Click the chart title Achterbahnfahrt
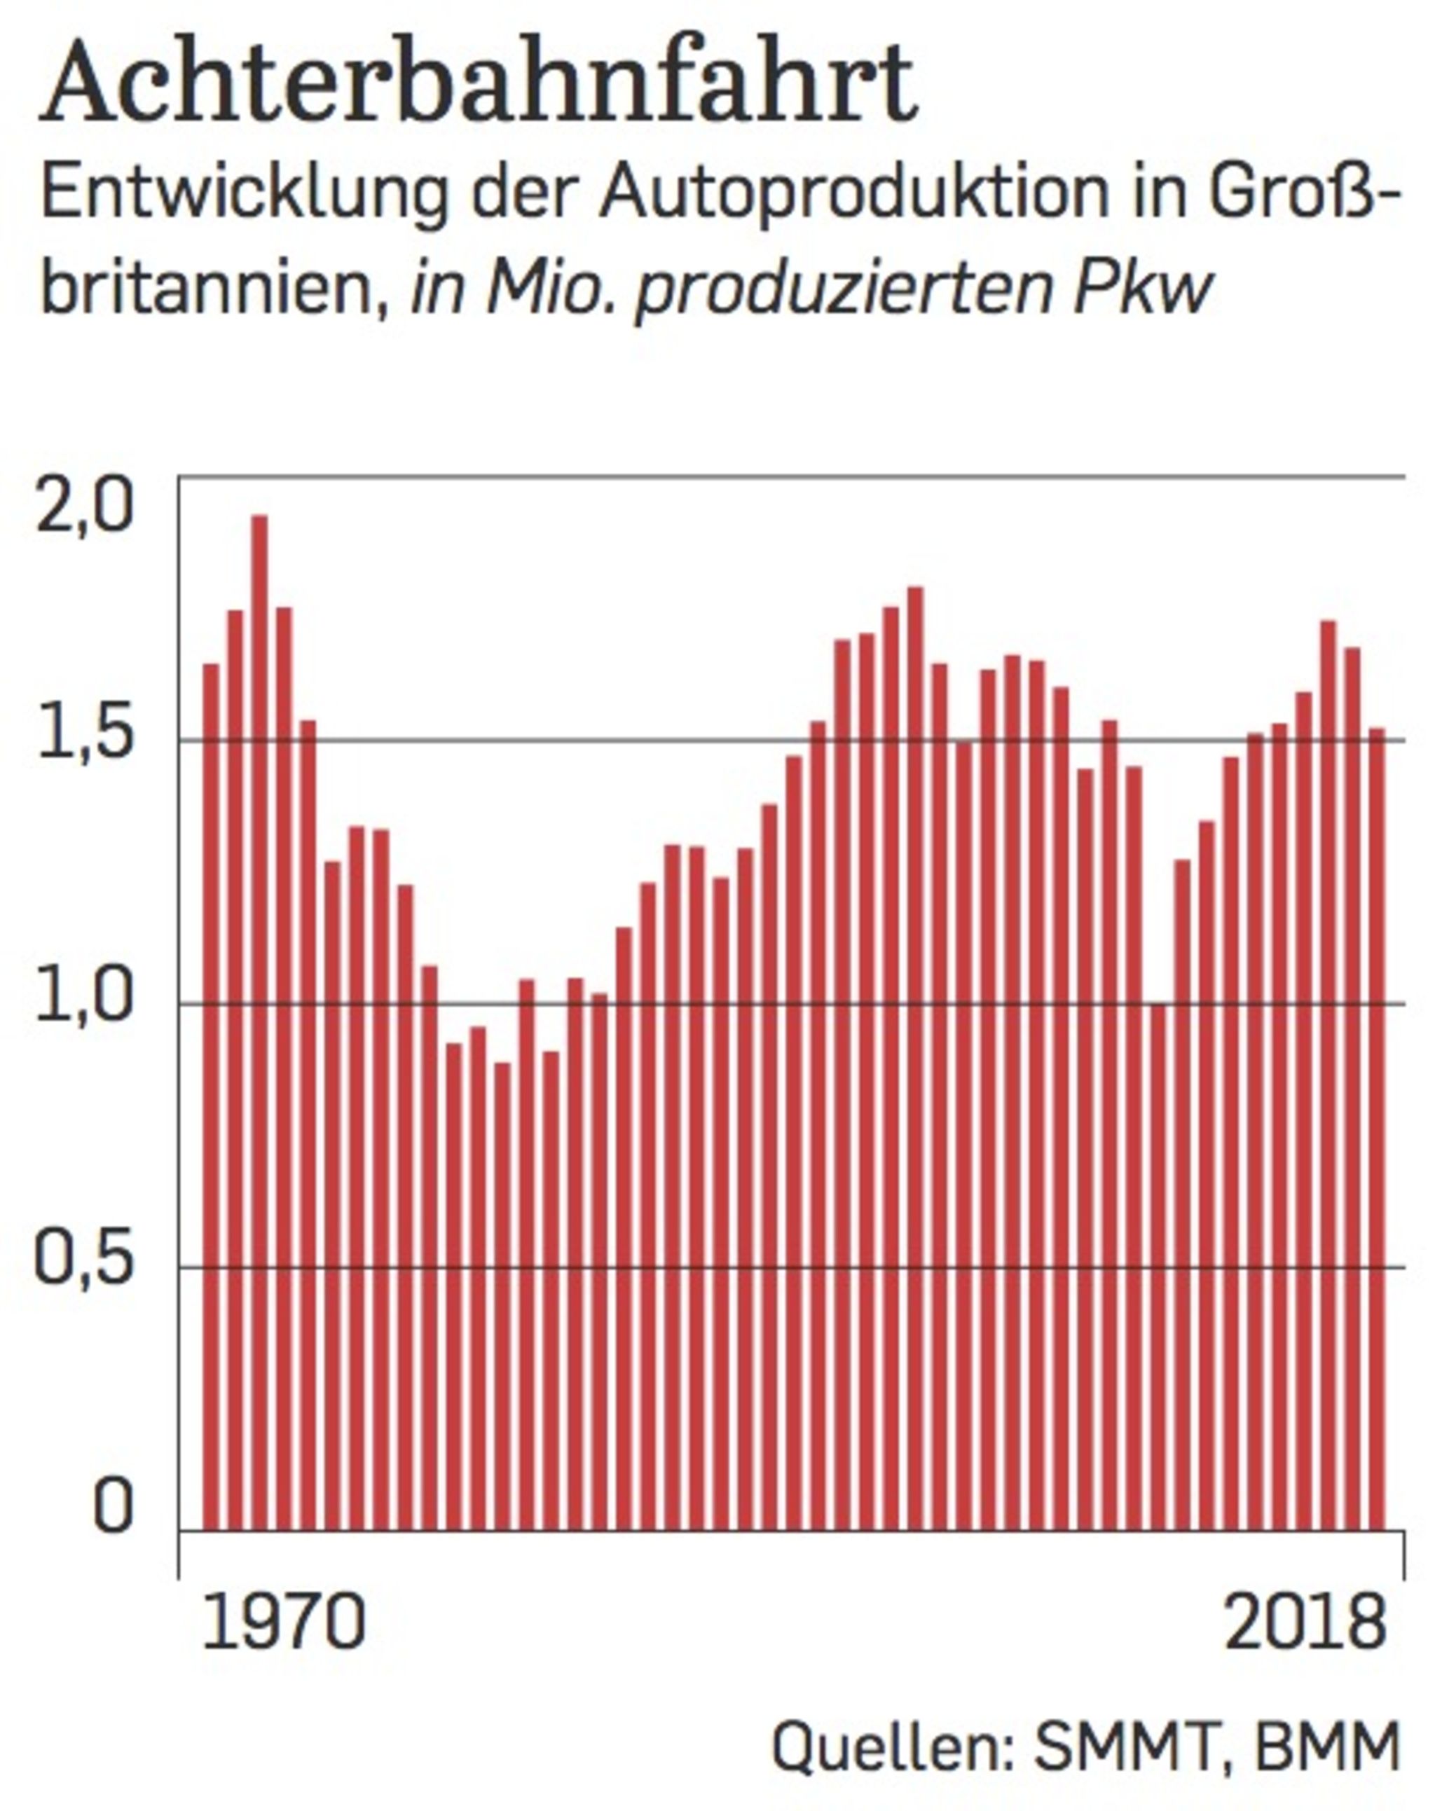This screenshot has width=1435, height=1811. (479, 84)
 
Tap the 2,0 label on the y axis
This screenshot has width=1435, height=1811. (85, 506)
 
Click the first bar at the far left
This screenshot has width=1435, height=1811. (211, 1092)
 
